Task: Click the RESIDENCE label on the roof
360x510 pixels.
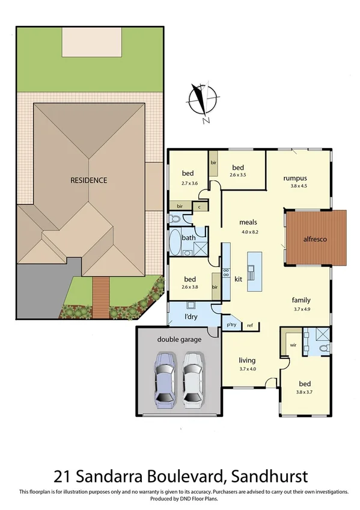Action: [88, 180]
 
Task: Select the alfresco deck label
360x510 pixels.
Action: [314, 239]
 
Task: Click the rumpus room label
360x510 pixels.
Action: [295, 178]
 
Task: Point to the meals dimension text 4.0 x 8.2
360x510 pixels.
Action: [248, 232]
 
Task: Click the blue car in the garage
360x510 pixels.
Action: [165, 380]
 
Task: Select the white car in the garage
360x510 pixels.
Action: [193, 380]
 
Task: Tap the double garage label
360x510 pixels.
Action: [179, 339]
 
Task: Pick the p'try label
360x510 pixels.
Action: [231, 325]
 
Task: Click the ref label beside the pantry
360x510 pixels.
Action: [249, 325]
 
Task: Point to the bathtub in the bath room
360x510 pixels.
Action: [175, 242]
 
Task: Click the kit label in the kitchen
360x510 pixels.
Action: [237, 279]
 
